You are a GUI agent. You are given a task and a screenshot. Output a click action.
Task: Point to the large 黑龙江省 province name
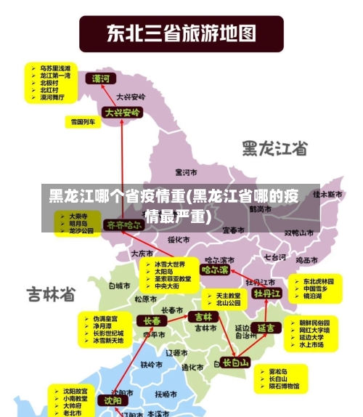point(275,148)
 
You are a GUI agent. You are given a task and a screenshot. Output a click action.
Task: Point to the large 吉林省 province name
point(52,294)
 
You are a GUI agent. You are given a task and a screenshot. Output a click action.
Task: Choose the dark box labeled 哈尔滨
point(215,270)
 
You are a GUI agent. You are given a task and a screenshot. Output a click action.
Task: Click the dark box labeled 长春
point(152,320)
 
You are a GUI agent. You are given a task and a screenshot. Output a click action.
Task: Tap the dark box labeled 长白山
point(235,362)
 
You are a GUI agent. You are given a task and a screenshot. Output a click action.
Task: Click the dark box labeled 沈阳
point(112,400)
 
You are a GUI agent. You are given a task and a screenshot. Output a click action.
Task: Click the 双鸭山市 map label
point(299,233)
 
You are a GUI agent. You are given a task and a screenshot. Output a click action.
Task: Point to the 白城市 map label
point(118,286)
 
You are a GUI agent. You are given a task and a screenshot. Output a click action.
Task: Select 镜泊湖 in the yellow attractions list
point(314,297)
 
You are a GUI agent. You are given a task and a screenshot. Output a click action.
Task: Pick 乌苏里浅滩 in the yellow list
point(55,67)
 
